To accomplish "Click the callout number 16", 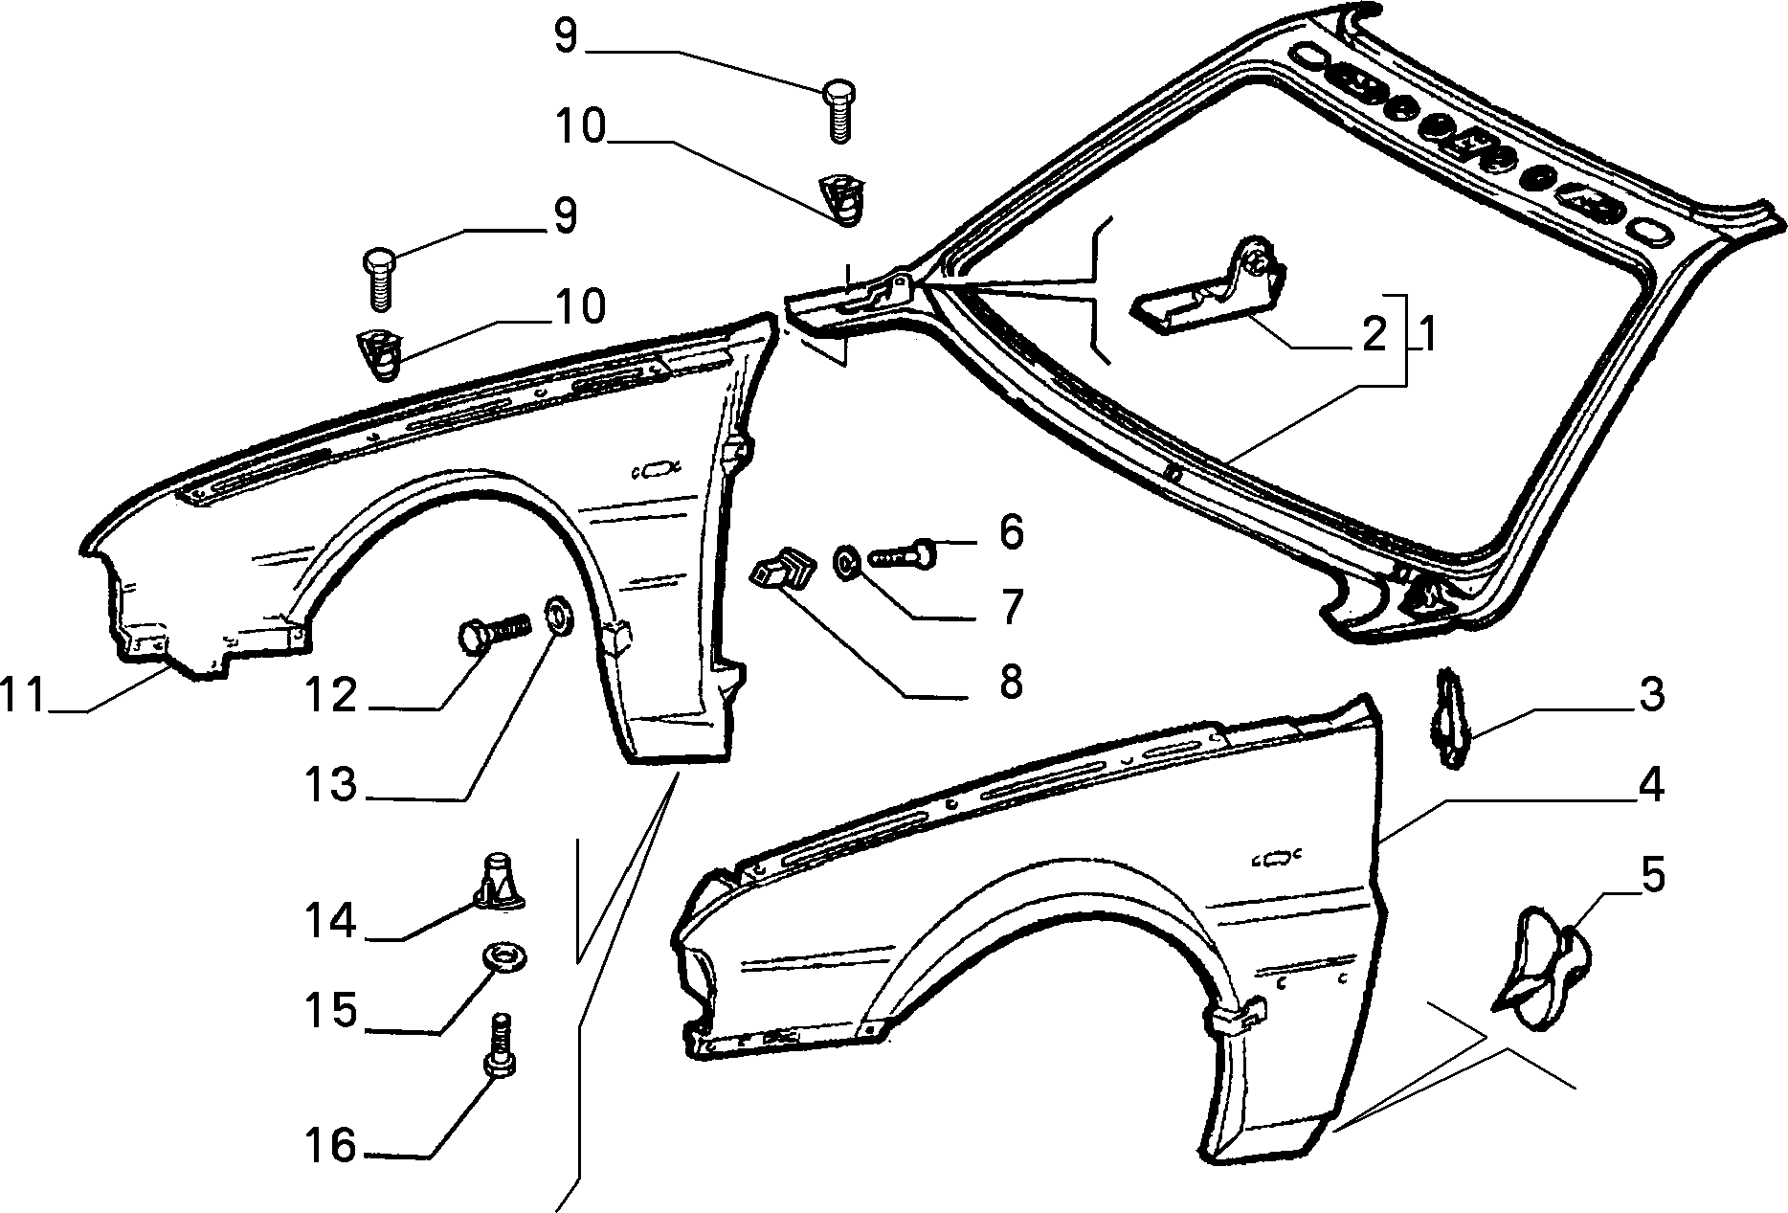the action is tap(331, 1145).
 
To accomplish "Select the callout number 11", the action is tap(23, 695).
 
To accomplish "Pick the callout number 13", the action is tap(331, 785).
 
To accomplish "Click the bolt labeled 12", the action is tap(491, 634).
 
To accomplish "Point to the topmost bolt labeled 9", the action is tap(838, 112).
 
